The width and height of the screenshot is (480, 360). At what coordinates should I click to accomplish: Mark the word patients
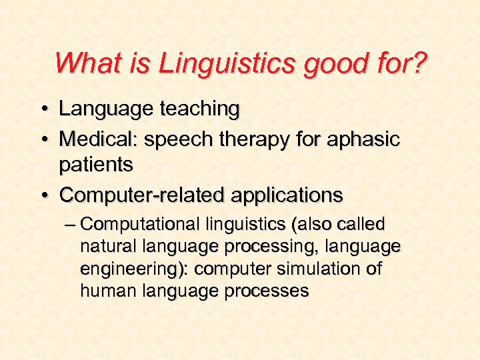tap(96, 164)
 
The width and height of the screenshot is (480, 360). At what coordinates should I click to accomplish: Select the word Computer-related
tap(142, 196)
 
